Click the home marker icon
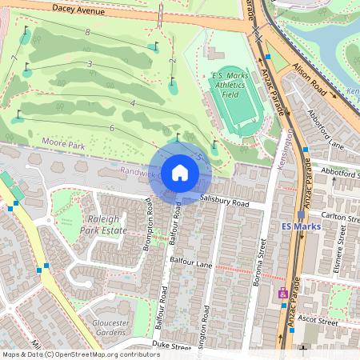pyautogui.click(x=180, y=172)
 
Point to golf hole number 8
pyautogui.click(x=86, y=32)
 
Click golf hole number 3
pyautogui.click(x=90, y=63)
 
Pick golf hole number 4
pyautogui.click(x=132, y=104)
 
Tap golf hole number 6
pyautogui.click(x=113, y=128)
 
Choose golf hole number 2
pyautogui.click(x=172, y=62)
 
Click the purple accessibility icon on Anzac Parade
pyautogui.click(x=282, y=294)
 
